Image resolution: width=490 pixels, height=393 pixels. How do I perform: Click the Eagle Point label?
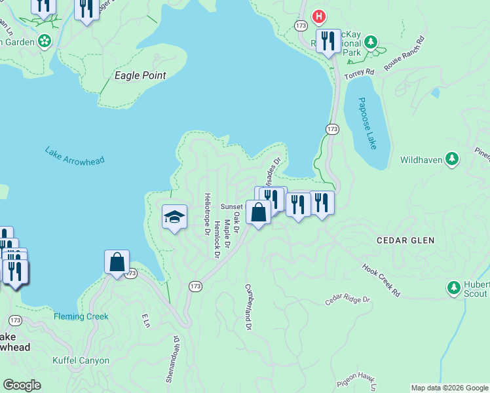click(140, 75)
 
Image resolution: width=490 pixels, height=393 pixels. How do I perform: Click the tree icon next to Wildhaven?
click(451, 159)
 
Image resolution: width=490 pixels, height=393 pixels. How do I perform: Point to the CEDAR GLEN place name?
click(405, 240)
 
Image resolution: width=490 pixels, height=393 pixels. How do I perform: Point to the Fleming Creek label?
click(81, 316)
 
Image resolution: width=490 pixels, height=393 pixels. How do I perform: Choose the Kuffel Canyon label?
click(81, 360)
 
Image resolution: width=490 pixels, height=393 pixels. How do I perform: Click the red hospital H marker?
click(319, 16)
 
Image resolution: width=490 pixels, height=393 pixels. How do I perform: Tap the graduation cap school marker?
click(175, 217)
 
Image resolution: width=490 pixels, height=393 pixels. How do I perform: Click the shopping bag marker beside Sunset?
click(259, 212)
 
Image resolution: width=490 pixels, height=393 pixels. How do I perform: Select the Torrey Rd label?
click(359, 74)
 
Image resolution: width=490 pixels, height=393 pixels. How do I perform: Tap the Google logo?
click(22, 385)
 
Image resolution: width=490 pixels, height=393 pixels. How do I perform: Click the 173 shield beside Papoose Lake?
click(333, 128)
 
